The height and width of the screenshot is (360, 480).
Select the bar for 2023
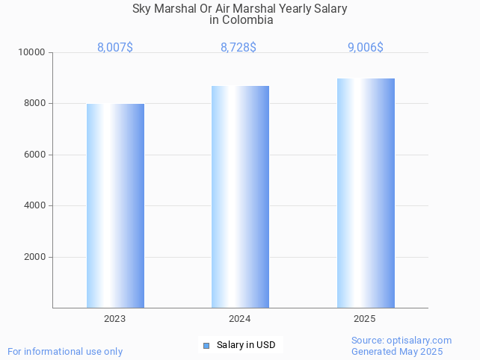point(115,205)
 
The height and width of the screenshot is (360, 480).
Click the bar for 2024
point(240,196)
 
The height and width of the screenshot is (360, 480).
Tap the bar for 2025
point(366,193)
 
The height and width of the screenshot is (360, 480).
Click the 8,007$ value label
point(115,48)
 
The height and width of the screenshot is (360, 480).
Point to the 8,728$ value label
point(239,48)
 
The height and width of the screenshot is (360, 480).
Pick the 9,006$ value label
point(366,48)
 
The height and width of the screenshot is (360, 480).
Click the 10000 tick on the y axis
point(33,53)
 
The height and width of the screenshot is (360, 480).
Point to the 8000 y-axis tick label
point(35,104)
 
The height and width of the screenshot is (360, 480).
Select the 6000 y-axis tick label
point(35,155)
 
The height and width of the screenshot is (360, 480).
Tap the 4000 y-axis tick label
point(35,205)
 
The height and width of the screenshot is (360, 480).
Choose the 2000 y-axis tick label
point(35,257)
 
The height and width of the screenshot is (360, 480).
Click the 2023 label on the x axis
point(115,319)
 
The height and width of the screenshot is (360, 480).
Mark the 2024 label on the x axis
point(240,319)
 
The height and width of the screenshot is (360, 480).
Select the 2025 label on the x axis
point(365,319)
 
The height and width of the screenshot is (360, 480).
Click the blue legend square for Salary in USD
point(206,345)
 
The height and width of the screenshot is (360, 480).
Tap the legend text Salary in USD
point(246,345)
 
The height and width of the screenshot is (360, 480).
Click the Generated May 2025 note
point(397,352)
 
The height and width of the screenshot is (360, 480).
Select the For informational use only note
point(65,352)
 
